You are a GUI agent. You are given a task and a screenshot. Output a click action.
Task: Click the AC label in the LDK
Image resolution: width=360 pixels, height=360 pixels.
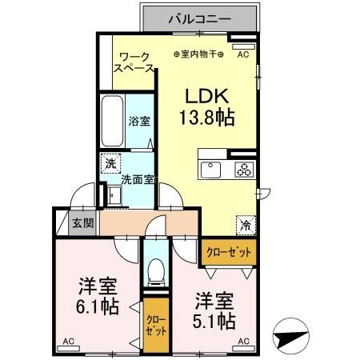[243, 54]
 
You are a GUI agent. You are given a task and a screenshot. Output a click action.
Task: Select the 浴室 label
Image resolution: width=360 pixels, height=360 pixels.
[139, 122]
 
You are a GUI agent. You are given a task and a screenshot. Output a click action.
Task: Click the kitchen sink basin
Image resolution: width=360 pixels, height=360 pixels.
[212, 170]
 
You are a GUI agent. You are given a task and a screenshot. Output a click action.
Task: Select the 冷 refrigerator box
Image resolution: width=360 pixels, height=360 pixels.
[245, 225]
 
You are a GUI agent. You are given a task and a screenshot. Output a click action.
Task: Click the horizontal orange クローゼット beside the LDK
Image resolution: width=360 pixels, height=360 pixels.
[229, 251]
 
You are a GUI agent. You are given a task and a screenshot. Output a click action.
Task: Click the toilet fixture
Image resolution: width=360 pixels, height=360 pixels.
[157, 271]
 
